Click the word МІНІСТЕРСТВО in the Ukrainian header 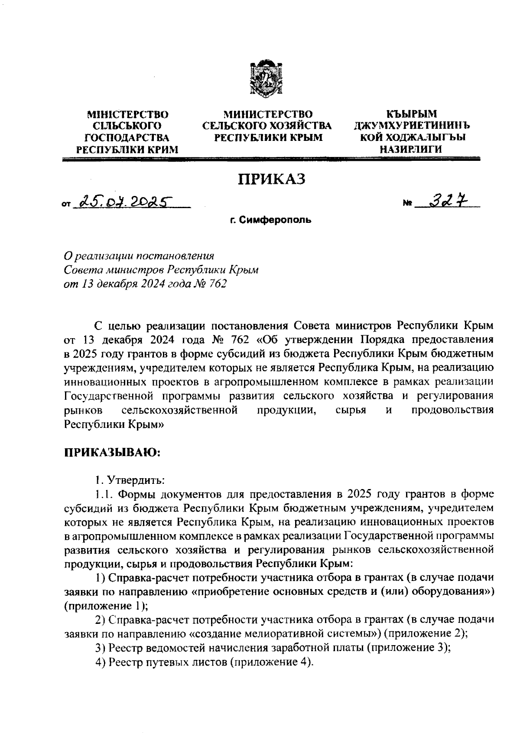[128, 114]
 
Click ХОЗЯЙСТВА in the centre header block [299, 126]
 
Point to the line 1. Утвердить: [130, 480]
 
